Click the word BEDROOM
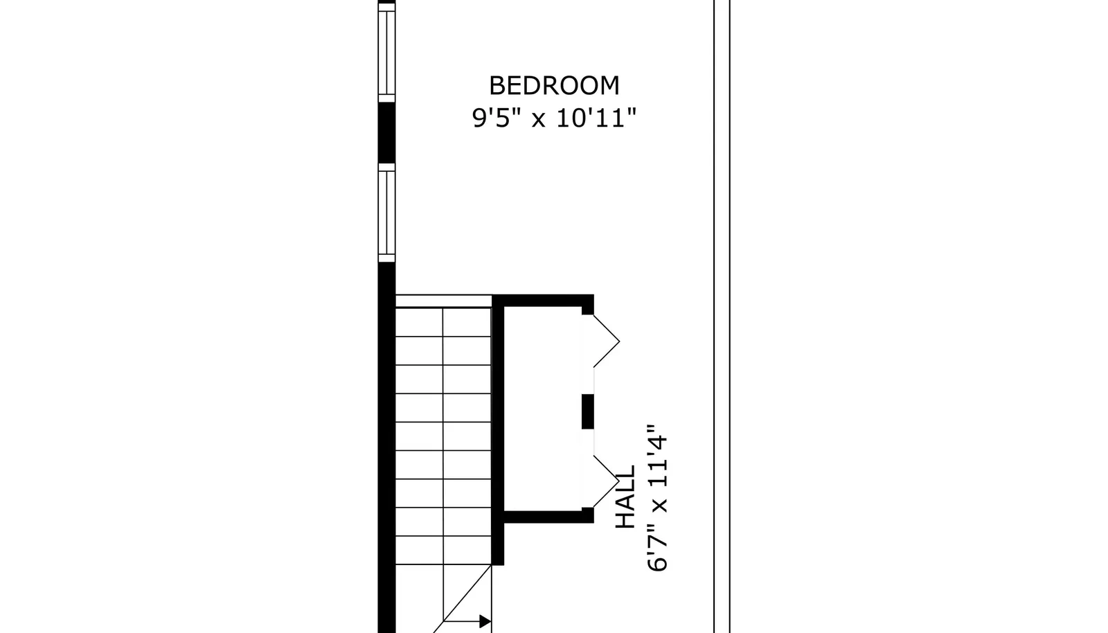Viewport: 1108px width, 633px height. click(x=554, y=86)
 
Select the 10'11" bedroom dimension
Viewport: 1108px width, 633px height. click(x=596, y=118)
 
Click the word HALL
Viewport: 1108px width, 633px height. click(x=625, y=497)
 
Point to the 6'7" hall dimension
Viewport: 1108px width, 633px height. click(x=658, y=546)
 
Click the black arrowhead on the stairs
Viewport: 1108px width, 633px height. click(x=485, y=621)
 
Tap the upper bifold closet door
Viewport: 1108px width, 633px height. click(x=607, y=341)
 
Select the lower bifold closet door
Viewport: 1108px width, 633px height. click(x=607, y=481)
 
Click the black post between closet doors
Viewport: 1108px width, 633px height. click(x=588, y=411)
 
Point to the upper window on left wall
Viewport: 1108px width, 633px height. click(x=387, y=53)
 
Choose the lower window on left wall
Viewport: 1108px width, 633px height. click(x=387, y=213)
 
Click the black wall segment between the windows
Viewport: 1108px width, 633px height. click(x=387, y=133)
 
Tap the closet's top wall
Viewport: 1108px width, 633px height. click(x=543, y=301)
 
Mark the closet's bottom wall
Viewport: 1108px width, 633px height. click(x=548, y=517)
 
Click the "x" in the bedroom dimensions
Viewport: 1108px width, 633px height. click(x=539, y=121)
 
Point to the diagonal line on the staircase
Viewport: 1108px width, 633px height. click(x=463, y=599)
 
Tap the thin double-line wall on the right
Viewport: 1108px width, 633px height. click(x=722, y=316)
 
